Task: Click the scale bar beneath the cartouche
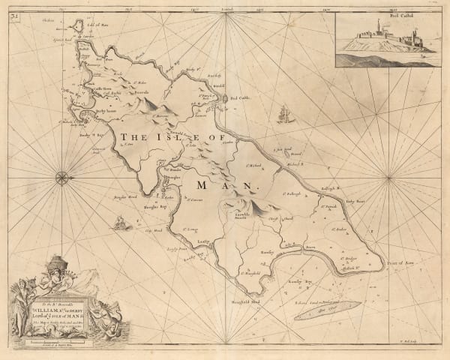click(x=71, y=341)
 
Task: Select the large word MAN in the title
click(x=225, y=184)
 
